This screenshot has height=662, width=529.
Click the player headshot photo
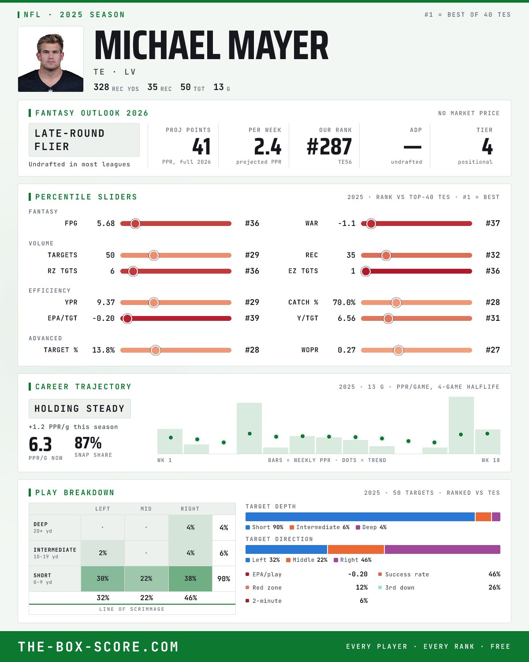tap(51, 59)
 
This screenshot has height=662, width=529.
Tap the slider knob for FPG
tap(135, 224)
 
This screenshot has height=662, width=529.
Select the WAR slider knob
tap(371, 224)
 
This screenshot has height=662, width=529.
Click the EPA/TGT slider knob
tap(127, 318)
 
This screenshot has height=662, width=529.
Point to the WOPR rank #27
tap(492, 350)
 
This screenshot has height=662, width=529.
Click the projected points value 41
tap(201, 147)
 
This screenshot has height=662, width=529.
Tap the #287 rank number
tap(329, 147)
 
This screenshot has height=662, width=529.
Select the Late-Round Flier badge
tap(84, 140)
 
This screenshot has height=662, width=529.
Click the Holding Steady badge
tap(80, 409)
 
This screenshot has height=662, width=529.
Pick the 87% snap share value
tap(88, 443)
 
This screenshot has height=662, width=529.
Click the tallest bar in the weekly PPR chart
tap(461, 425)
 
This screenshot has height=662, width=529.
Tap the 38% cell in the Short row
tap(190, 579)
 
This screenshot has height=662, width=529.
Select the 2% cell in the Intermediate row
tap(103, 553)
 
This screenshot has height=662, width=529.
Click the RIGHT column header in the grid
tap(190, 509)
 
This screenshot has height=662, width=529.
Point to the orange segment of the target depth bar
tap(483, 517)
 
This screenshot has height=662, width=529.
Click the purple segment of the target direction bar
tap(443, 549)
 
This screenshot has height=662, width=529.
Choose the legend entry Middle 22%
tap(307, 560)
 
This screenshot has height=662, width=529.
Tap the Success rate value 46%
tap(494, 574)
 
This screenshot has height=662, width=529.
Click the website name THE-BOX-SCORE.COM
tap(98, 647)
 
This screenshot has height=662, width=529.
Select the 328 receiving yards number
tap(101, 87)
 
